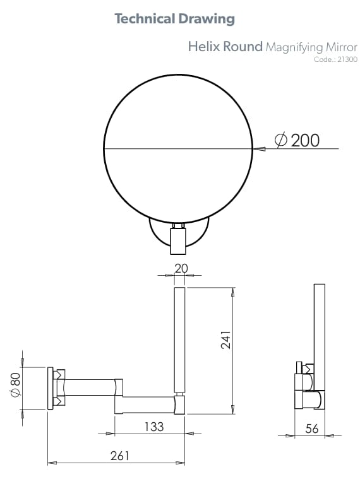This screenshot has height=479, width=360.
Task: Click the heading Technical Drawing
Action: coord(174,19)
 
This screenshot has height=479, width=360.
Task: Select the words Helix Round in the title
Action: coord(225,47)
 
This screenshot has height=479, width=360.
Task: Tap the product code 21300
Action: coord(347,60)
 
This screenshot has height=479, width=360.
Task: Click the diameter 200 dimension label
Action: coord(297,140)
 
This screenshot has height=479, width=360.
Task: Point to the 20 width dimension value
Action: coord(181,268)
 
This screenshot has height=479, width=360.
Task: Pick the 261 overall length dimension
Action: coord(118,456)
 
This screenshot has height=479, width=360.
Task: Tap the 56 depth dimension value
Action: coord(312,429)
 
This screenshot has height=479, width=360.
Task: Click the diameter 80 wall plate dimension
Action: coord(16,386)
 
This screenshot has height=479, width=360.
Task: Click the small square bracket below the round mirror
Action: coord(179,240)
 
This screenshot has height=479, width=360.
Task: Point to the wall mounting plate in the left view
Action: coord(50,387)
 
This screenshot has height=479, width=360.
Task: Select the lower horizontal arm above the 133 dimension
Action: coord(145,405)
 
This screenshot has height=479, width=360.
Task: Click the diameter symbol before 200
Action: coord(282,140)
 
